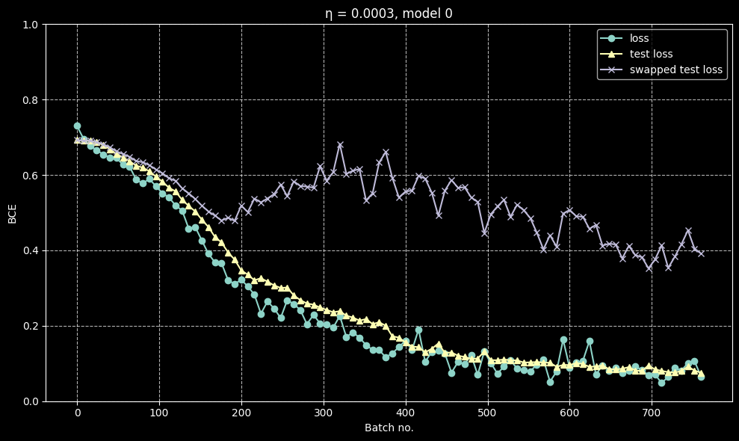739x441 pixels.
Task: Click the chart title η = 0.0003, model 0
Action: (x=389, y=13)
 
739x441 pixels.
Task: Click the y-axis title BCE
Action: (x=12, y=212)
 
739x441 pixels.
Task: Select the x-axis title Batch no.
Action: (x=389, y=428)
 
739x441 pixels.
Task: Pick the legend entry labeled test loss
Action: (x=651, y=54)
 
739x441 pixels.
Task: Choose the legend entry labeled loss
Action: (x=640, y=38)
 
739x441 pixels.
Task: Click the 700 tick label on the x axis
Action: (x=652, y=413)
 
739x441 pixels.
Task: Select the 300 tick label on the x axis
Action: (x=323, y=413)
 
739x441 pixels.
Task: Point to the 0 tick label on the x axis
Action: (x=77, y=413)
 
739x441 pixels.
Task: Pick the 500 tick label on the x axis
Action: (x=487, y=413)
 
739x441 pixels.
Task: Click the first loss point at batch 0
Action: (x=77, y=126)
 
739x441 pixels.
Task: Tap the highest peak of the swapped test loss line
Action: (x=340, y=145)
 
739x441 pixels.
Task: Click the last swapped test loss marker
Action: (x=701, y=253)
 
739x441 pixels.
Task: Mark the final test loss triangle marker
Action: (x=701, y=372)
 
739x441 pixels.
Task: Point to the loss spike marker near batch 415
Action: (x=418, y=330)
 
